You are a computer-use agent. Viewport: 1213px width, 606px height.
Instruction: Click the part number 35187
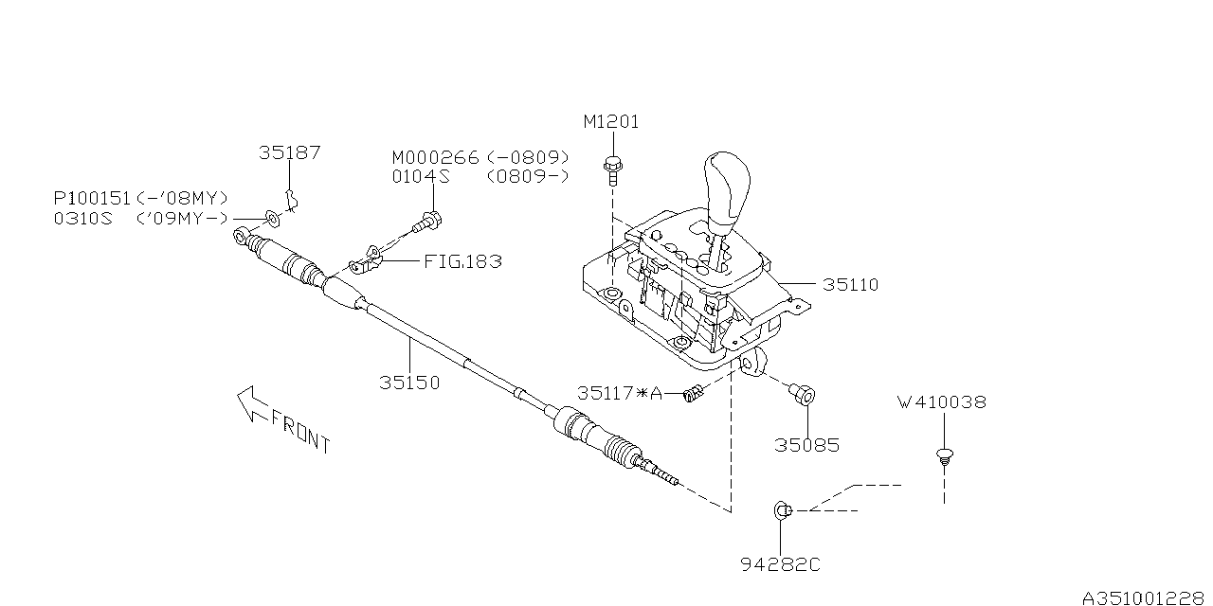290,152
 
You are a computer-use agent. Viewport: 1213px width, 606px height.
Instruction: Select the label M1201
611,122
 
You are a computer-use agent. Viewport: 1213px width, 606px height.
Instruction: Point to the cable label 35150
409,383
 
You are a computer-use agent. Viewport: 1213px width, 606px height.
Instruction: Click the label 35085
806,445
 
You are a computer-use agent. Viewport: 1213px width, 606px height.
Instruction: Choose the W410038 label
941,401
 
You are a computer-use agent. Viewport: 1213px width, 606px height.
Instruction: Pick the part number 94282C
780,565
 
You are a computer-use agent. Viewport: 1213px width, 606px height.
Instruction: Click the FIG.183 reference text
462,261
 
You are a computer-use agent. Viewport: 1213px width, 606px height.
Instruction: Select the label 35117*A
620,393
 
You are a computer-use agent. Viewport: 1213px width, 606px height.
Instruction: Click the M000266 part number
436,157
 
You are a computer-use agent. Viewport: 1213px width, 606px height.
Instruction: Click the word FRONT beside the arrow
300,431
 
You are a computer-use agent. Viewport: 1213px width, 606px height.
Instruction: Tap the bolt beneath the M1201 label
612,169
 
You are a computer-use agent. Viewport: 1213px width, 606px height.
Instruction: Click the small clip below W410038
944,456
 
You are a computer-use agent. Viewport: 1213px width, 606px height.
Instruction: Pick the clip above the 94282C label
782,510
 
